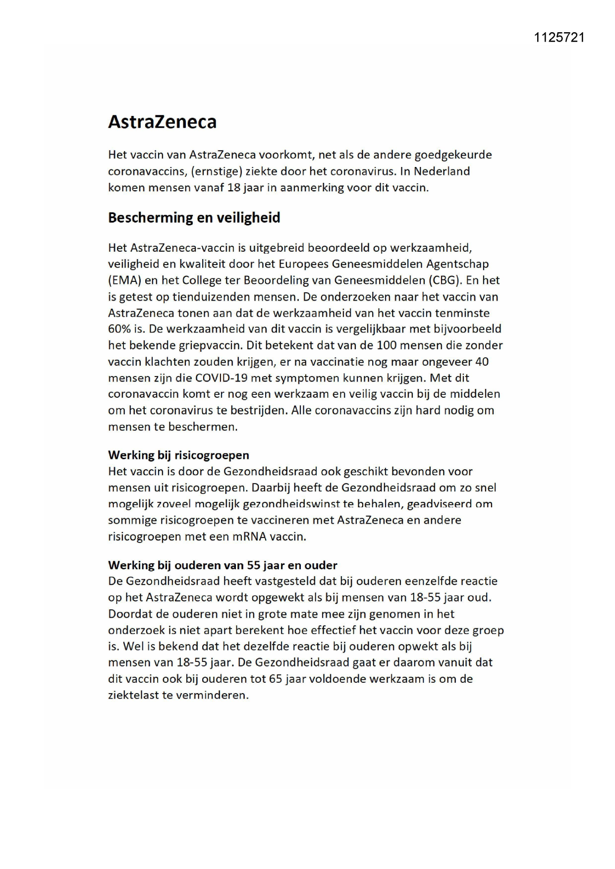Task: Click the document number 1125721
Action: click(559, 38)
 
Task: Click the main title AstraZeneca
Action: click(162, 122)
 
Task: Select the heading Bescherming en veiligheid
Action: click(194, 217)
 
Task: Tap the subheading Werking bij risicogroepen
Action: click(178, 455)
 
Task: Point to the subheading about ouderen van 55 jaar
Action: click(223, 565)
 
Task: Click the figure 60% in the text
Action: click(119, 329)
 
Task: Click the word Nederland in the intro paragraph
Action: click(442, 171)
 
